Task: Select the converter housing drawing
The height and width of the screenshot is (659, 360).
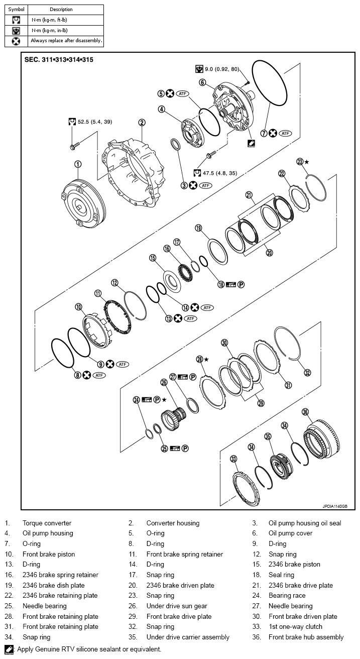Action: pos(134,169)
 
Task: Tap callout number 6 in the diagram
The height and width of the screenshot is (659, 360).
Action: pos(202,82)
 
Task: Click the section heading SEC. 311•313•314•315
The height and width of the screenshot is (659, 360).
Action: pos(59,59)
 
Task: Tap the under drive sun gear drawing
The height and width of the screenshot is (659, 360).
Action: pos(173,417)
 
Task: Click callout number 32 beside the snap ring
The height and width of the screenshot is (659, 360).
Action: pos(307,373)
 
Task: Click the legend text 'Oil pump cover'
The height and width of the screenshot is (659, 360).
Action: pos(290,533)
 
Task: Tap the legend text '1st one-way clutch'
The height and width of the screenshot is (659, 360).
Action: pos(295,626)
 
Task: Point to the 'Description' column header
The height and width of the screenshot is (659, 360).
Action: pos(61,9)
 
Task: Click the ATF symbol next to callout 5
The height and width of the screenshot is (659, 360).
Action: pos(182,93)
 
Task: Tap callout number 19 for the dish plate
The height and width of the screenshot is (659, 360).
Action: pos(198,228)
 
